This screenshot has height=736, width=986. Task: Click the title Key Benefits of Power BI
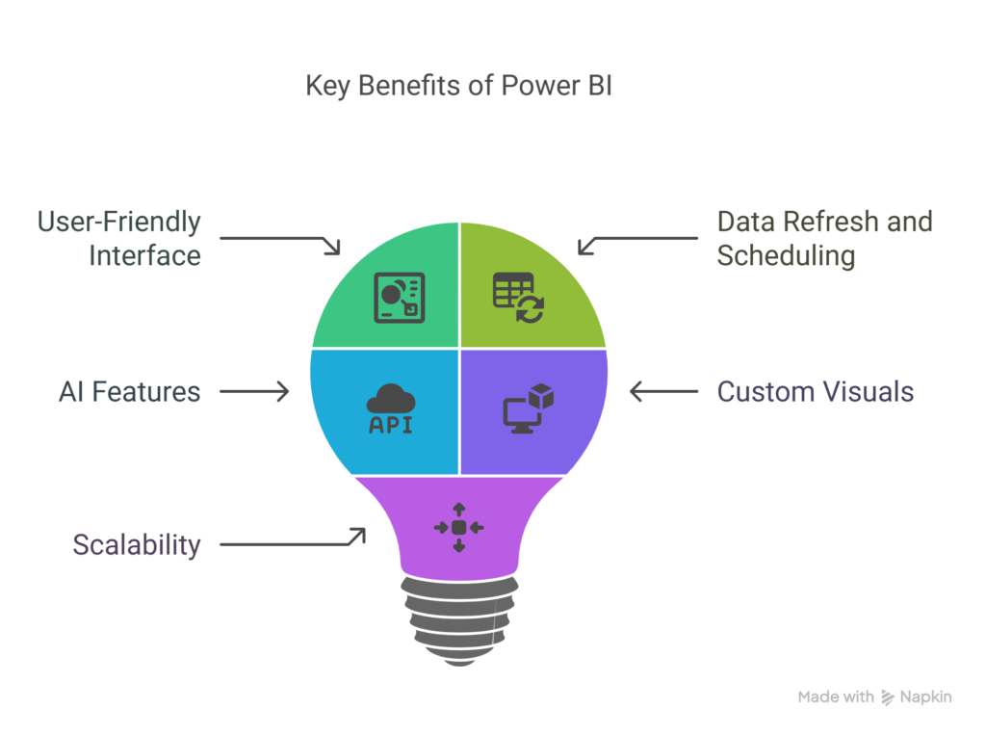pos(459,86)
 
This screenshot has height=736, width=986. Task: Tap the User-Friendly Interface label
pos(119,238)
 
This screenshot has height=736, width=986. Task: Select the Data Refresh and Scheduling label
pos(824,238)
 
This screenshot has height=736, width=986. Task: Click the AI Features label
pos(130,391)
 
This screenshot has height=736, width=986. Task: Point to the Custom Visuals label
pos(815,391)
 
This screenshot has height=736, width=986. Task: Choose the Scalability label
pos(137,544)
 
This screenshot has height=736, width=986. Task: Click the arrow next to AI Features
pos(254,391)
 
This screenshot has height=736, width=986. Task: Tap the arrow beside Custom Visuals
pos(664,391)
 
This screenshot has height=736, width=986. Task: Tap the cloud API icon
pos(391,408)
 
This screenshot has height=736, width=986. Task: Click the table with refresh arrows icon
pos(518,298)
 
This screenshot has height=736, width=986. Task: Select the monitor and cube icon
pos(529,408)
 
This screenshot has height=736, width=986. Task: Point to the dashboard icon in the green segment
pos(400,298)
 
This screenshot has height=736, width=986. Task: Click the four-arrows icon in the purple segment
pos(459,528)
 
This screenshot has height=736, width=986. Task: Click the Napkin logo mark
pos(887,697)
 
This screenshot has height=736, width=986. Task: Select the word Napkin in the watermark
pos(925,697)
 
